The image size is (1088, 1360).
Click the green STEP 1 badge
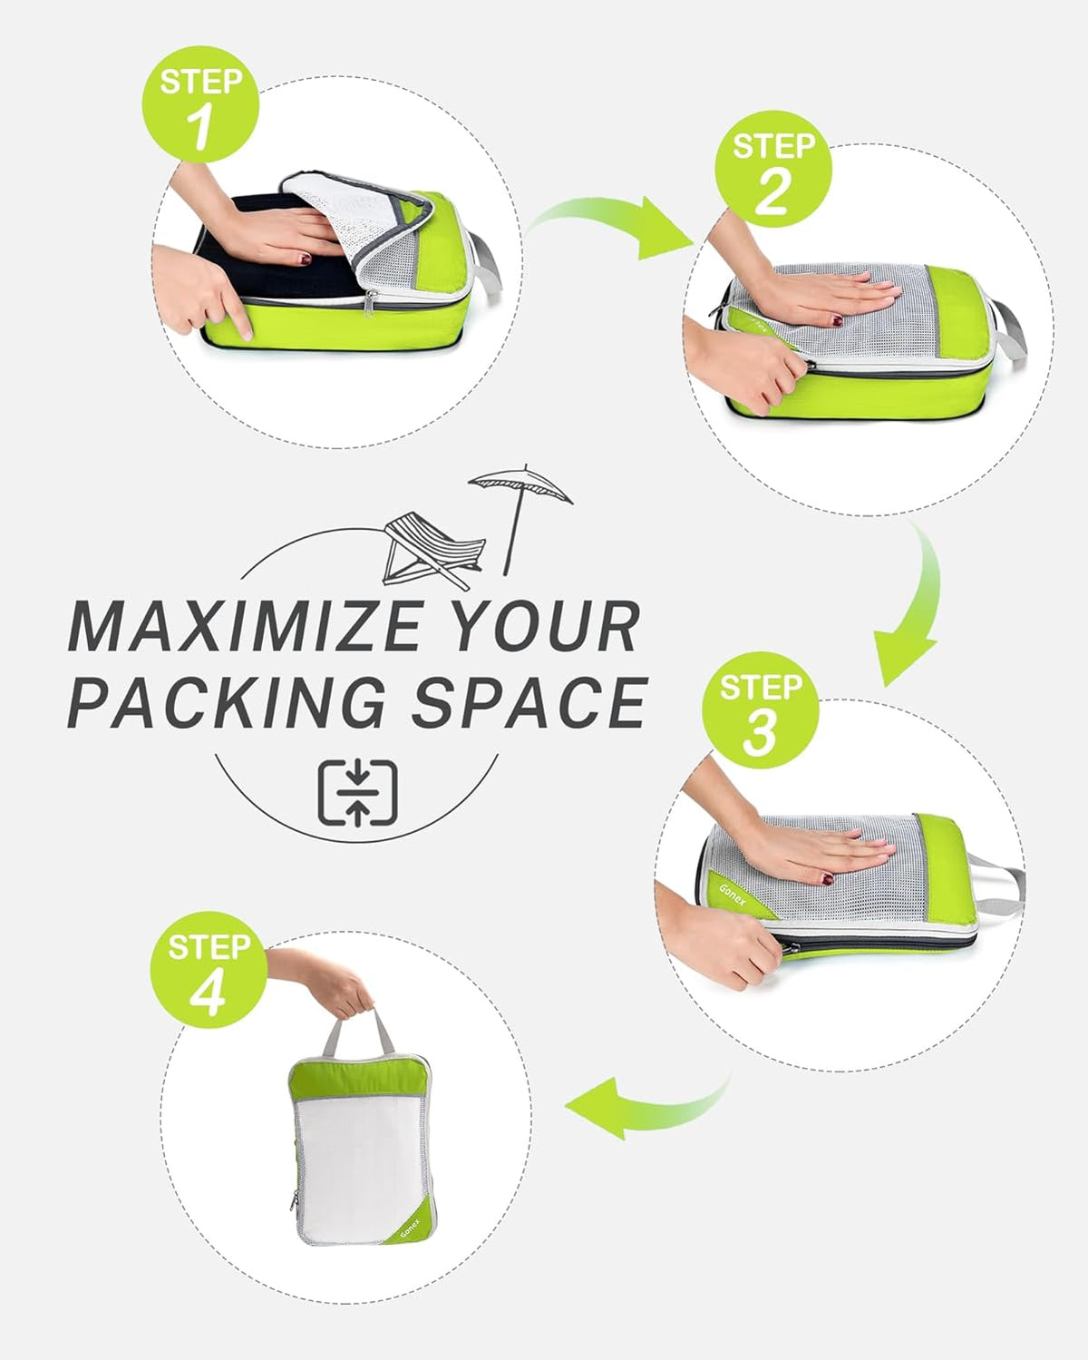(x=200, y=104)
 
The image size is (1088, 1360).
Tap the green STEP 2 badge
(x=772, y=170)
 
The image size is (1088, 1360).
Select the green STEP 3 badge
(x=761, y=709)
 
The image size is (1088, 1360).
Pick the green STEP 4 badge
(x=209, y=970)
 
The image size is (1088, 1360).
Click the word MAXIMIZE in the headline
(x=246, y=626)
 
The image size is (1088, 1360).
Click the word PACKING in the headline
(x=228, y=702)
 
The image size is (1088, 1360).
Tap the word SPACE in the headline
(x=529, y=702)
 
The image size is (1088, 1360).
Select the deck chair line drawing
(x=433, y=551)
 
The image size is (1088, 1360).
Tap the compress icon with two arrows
(x=357, y=793)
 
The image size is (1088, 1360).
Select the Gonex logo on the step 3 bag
(x=732, y=895)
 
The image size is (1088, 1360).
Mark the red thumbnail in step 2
(x=837, y=319)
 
